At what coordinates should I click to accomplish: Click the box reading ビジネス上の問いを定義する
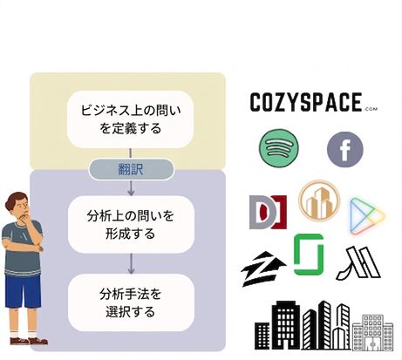[x=130, y=119]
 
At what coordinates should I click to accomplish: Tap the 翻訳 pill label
[x=131, y=169]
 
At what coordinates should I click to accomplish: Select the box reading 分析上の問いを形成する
[x=131, y=225]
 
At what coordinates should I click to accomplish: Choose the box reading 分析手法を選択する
[x=131, y=302]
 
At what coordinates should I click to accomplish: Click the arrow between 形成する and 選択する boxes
[x=131, y=263]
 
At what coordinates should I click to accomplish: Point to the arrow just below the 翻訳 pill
[x=131, y=187]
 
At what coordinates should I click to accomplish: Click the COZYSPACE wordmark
[x=306, y=102]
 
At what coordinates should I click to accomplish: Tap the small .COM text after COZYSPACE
[x=371, y=109]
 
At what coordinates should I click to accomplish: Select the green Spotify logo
[x=279, y=147]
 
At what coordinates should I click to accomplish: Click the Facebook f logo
[x=345, y=149]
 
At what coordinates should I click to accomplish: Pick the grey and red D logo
[x=268, y=212]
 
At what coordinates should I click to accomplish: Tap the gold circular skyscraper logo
[x=319, y=200]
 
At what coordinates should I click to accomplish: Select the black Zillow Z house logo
[x=263, y=268]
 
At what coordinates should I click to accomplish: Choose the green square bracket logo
[x=309, y=255]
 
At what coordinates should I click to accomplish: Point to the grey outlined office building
[x=372, y=332]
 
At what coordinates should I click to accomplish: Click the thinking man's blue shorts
[x=23, y=291]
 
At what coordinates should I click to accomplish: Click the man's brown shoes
[x=29, y=341]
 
